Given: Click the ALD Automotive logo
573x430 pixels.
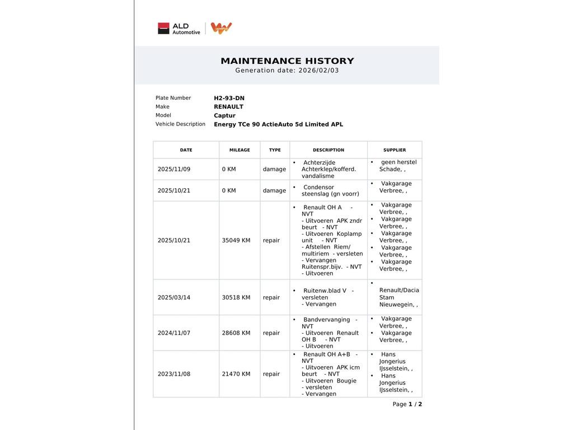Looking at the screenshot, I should [x=179, y=29].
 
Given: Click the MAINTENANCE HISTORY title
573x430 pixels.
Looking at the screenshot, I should [x=287, y=61].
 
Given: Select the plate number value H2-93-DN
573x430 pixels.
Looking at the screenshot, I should [x=229, y=98].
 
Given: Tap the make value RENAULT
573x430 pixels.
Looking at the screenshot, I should [x=228, y=107].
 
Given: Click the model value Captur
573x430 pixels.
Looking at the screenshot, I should [x=224, y=116].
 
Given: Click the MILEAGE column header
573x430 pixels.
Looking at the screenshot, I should [x=239, y=150].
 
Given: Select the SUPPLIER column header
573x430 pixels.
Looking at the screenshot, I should [x=394, y=150].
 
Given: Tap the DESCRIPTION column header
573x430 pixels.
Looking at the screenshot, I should [x=328, y=150].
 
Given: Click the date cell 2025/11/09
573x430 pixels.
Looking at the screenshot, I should [x=174, y=169].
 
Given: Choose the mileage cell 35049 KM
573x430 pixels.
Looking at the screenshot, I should [x=236, y=241].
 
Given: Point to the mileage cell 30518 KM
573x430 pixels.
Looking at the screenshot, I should [x=236, y=298].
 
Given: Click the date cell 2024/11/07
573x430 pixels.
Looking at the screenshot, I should [x=174, y=333].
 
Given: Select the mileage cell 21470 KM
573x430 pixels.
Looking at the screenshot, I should [x=236, y=374].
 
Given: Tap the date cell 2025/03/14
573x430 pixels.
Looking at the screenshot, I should [x=174, y=298].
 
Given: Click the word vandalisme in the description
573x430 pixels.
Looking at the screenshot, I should [x=318, y=176].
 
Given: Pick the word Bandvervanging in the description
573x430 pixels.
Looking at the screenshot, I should [x=327, y=320].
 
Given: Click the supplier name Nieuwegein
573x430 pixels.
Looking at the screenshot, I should [x=397, y=305].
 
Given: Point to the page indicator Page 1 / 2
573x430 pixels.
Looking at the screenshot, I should [x=407, y=404].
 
